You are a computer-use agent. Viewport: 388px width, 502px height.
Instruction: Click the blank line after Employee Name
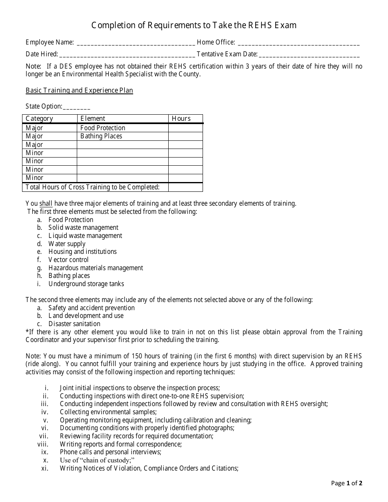136,42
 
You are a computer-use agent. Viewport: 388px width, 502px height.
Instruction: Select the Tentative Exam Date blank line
309,54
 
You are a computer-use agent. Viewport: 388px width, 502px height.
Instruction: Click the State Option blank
77,107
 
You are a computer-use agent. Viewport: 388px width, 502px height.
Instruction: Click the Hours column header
181,119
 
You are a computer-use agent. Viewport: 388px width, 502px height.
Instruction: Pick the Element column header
93,119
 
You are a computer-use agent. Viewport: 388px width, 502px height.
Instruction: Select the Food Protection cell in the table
103,128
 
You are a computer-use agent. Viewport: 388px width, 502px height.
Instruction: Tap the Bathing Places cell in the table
101,136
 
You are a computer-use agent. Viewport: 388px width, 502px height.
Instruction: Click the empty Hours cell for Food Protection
185,128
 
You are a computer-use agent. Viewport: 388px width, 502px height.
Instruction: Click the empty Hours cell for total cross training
185,187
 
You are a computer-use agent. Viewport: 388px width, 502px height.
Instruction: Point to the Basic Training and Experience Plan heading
79,91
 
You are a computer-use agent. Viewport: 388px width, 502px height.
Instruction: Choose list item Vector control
68,260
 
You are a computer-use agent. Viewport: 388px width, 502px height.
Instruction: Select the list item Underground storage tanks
86,284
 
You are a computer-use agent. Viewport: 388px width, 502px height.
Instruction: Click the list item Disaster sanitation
74,324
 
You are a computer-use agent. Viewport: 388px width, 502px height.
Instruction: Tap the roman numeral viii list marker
43,444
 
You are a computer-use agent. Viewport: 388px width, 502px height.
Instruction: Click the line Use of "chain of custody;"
97,460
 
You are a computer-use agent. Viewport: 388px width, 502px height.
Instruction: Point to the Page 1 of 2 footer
346,484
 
